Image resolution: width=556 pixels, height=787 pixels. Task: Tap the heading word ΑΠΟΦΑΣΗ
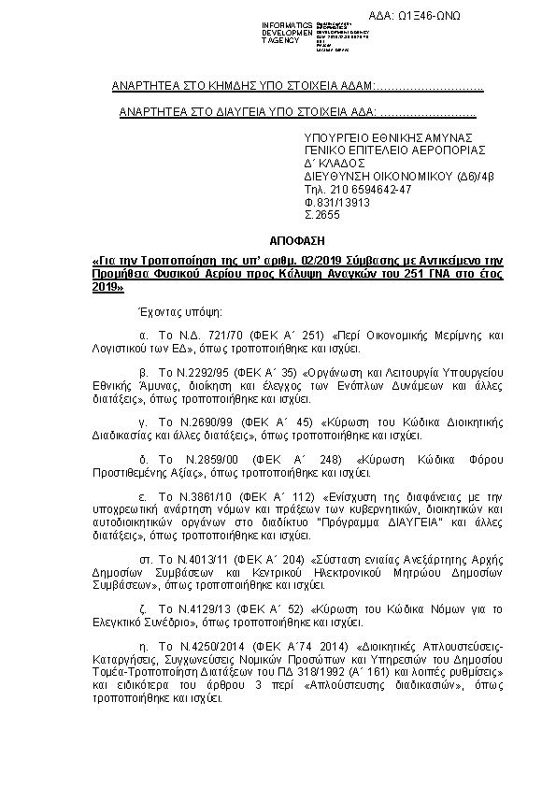(x=277, y=239)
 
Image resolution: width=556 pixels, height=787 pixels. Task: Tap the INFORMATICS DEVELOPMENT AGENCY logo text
(x=283, y=32)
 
